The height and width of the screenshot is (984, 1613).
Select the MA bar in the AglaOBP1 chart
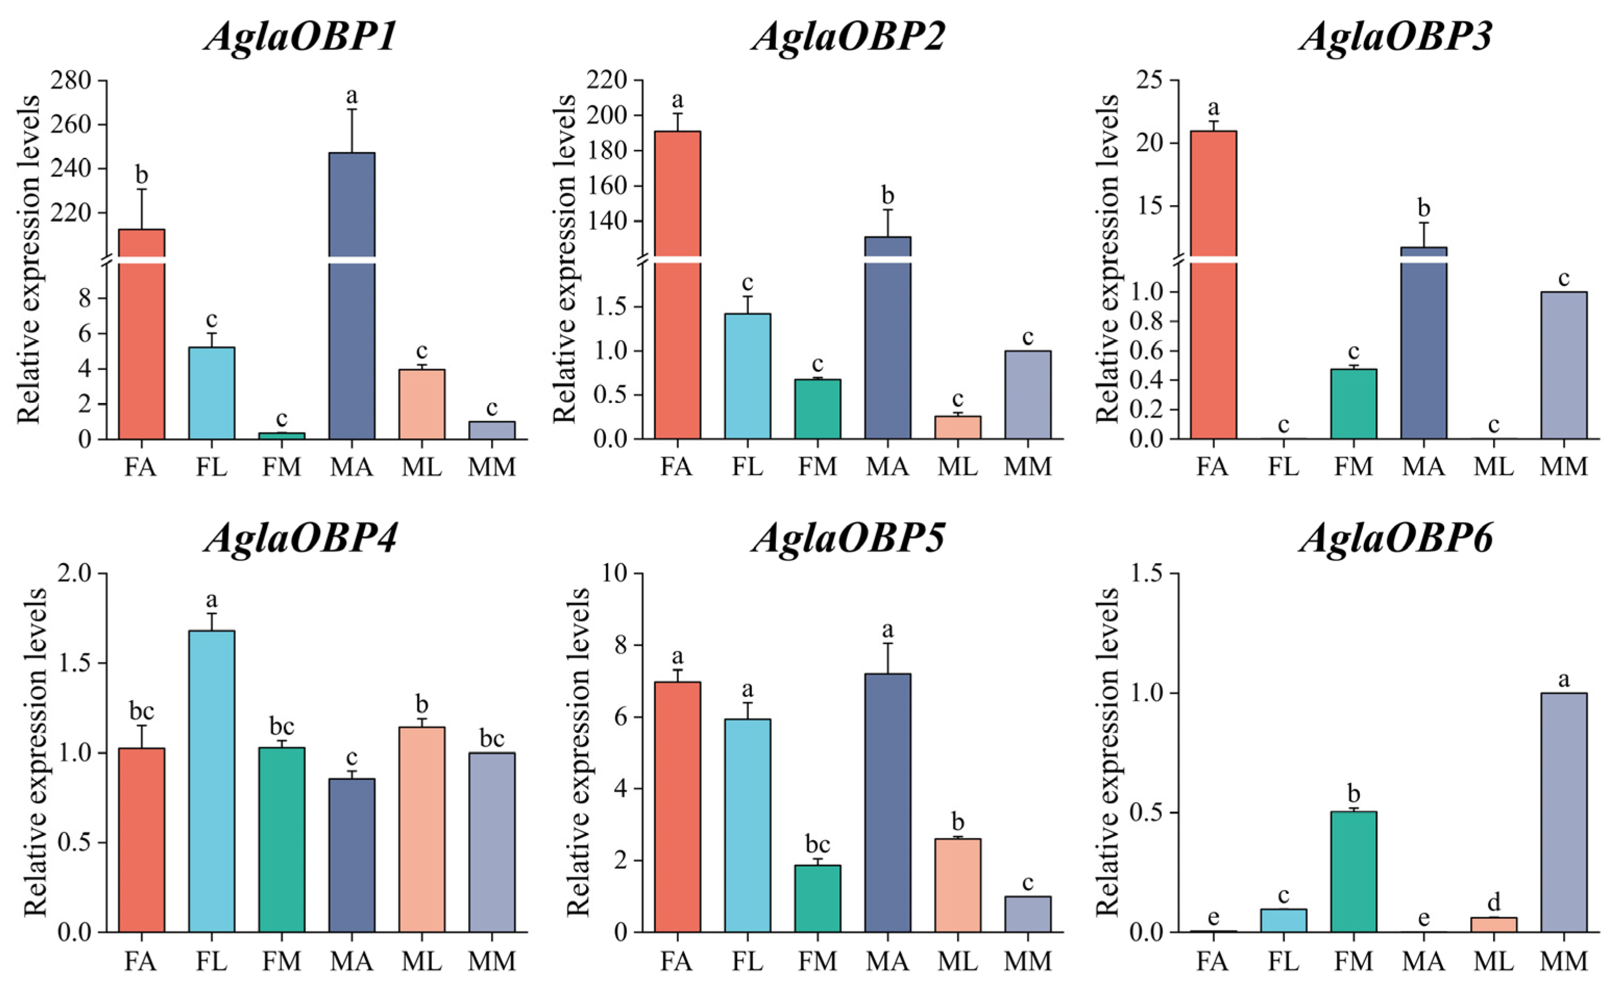(x=352, y=296)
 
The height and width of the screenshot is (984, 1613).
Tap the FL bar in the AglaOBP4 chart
(x=212, y=781)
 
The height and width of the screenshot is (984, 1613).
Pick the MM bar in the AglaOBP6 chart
(x=1564, y=813)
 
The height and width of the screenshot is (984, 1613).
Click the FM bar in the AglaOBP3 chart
(x=1354, y=404)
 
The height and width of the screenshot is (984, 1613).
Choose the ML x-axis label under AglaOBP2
(x=957, y=467)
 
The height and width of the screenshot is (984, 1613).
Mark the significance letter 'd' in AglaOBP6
(x=1494, y=902)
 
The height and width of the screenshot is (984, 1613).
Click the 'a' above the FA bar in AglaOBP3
(x=1214, y=107)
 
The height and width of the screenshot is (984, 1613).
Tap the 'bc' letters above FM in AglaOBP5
(x=817, y=845)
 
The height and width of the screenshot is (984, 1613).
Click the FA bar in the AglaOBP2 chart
(x=677, y=285)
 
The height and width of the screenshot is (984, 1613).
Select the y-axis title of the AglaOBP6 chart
(x=1108, y=753)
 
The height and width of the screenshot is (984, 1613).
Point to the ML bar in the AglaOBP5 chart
(x=958, y=886)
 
